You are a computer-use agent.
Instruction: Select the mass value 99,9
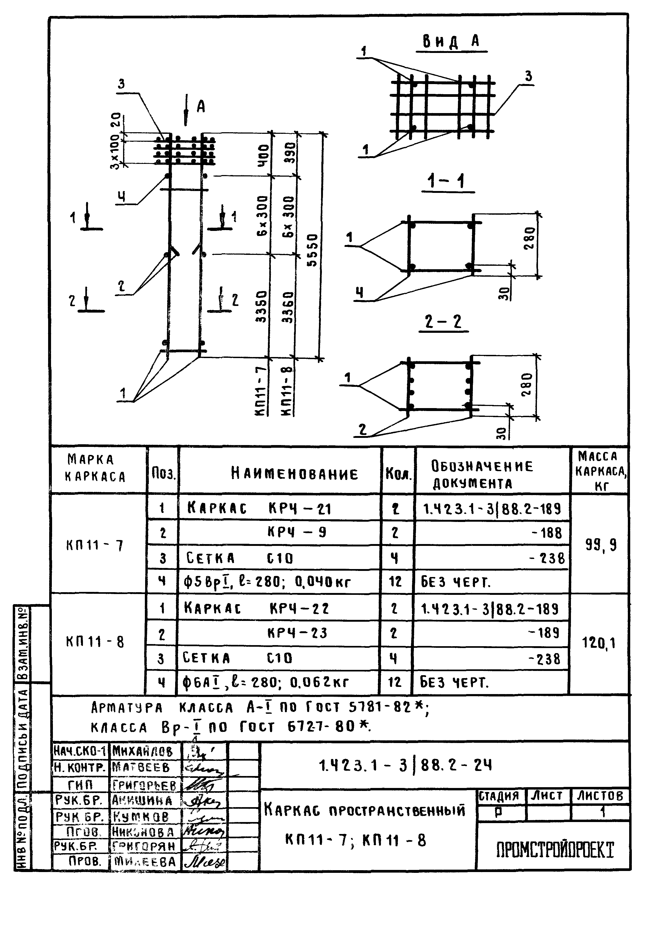coord(600,545)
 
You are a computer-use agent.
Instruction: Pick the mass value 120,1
coord(599,642)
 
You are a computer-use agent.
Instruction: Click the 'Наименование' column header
coord(294,474)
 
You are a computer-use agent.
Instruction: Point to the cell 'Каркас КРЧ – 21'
coord(259,508)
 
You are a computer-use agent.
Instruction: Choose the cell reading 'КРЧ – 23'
coord(297,633)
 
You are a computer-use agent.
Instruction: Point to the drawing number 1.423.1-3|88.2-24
coord(405,765)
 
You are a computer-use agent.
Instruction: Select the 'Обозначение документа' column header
coord(482,475)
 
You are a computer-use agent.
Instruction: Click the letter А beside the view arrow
coord(201,107)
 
